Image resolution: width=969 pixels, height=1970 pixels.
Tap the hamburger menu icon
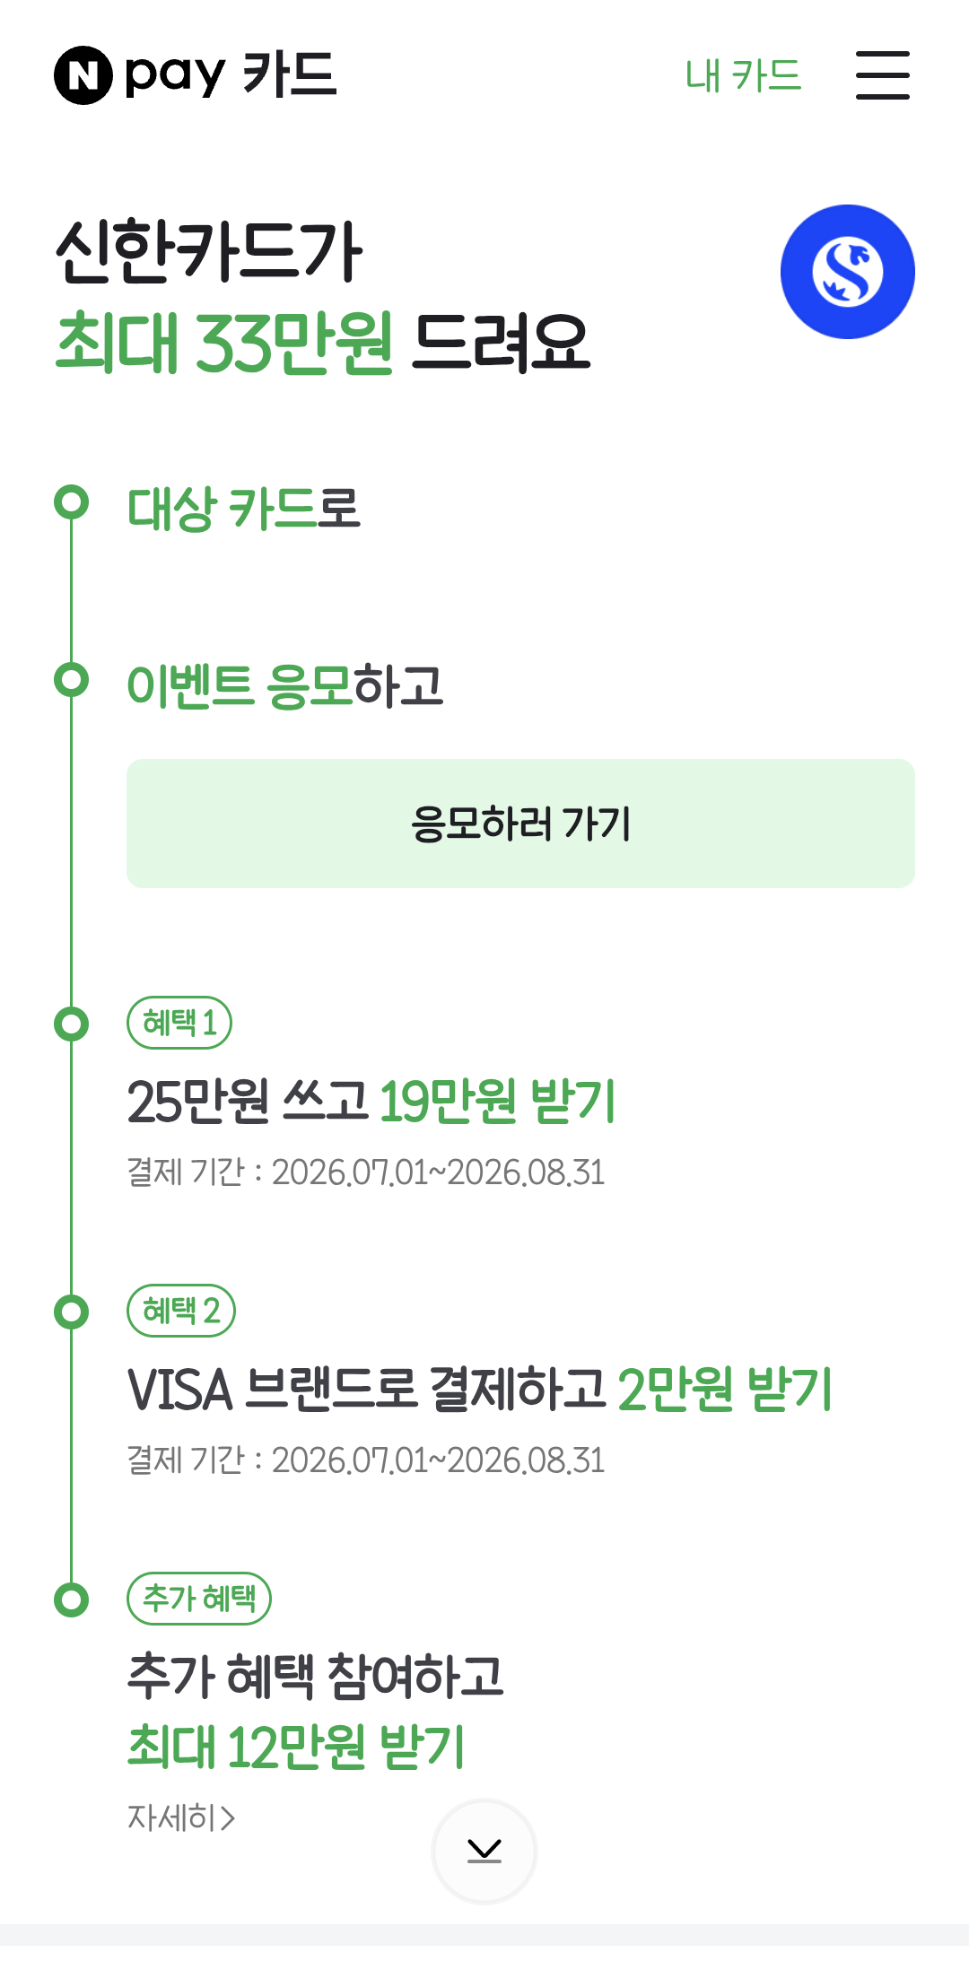click(x=882, y=75)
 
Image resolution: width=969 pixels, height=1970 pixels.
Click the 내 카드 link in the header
click(x=743, y=75)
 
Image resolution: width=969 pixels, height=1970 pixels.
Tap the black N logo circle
click(x=83, y=75)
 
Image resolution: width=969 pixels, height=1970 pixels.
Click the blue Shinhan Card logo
click(x=848, y=272)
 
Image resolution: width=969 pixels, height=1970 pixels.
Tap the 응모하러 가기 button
click(x=520, y=824)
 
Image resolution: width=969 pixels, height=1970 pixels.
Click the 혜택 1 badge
click(x=179, y=1023)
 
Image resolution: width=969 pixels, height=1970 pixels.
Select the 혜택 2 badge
click(x=181, y=1311)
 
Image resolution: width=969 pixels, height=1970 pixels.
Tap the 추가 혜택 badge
click(x=199, y=1599)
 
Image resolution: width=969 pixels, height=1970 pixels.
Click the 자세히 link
click(x=181, y=1817)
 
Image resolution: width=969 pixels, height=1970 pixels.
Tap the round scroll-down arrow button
click(x=484, y=1851)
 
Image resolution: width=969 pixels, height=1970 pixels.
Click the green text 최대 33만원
click(x=224, y=342)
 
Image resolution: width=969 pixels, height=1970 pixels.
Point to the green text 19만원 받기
click(x=498, y=1101)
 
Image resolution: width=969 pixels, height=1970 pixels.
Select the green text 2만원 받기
click(x=726, y=1389)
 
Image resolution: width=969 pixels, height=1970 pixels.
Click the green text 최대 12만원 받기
click(x=296, y=1746)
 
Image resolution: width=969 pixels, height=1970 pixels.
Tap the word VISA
click(x=180, y=1390)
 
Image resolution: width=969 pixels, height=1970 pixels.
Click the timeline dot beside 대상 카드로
click(x=72, y=501)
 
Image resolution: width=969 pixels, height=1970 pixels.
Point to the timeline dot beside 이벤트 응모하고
click(x=72, y=679)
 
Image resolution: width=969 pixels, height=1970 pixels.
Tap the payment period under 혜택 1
click(x=366, y=1172)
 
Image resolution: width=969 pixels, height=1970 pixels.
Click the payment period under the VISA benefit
click(x=366, y=1460)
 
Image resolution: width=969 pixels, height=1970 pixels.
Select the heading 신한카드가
click(x=209, y=252)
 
